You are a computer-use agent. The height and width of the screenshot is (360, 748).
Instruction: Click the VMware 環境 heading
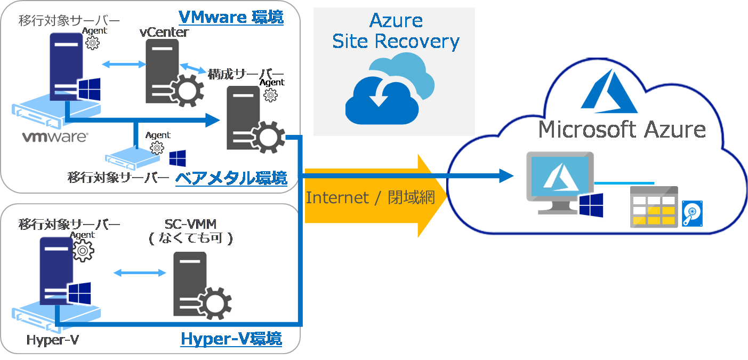[231, 17]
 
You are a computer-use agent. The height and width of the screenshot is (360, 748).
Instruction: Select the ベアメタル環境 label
[231, 178]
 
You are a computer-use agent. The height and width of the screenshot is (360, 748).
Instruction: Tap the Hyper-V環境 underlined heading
[231, 339]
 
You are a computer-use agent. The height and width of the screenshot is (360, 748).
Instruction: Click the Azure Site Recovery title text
[396, 31]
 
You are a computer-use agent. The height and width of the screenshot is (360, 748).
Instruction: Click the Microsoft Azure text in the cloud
[622, 130]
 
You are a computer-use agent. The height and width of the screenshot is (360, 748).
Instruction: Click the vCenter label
[164, 32]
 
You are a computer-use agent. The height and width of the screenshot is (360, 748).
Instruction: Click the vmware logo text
[54, 137]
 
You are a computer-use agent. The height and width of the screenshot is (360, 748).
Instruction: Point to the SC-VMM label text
[191, 223]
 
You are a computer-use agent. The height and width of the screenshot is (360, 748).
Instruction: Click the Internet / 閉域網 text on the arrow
[370, 198]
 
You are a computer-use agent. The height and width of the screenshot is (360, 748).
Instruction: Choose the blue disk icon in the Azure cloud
[693, 213]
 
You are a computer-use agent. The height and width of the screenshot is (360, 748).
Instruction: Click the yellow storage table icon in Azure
[654, 207]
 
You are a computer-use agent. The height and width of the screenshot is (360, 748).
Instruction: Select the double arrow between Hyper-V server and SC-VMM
[140, 273]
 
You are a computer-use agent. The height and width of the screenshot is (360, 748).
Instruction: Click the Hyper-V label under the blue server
[53, 340]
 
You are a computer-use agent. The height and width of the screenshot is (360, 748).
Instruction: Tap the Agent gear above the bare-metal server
[157, 146]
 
